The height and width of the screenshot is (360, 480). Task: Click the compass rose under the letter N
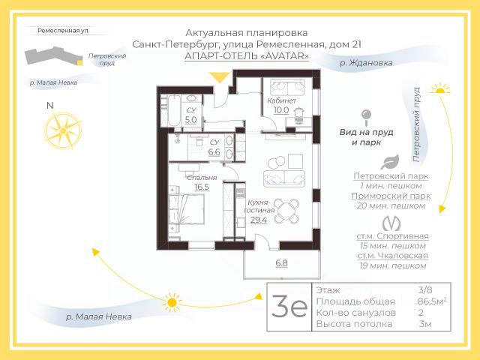click(x=58, y=130)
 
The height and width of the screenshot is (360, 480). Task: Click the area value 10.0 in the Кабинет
click(x=281, y=109)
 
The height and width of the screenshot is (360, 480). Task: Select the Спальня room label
click(x=201, y=178)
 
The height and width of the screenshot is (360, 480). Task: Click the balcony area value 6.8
click(x=281, y=263)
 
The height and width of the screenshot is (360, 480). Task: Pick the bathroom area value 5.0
click(x=190, y=119)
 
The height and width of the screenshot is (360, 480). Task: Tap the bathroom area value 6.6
click(x=214, y=151)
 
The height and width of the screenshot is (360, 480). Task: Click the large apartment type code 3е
click(x=289, y=307)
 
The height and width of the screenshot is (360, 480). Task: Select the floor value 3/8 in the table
click(x=425, y=289)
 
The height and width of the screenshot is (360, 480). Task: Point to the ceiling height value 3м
click(x=425, y=324)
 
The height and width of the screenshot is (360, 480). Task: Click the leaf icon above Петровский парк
click(x=389, y=162)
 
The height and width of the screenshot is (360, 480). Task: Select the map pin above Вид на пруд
click(x=366, y=117)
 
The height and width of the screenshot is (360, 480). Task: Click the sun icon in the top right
click(x=441, y=89)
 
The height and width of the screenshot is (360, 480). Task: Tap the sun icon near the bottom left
click(x=173, y=303)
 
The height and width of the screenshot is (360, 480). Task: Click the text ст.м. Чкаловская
click(x=393, y=256)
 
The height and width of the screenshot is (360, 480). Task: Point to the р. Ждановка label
click(x=365, y=64)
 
